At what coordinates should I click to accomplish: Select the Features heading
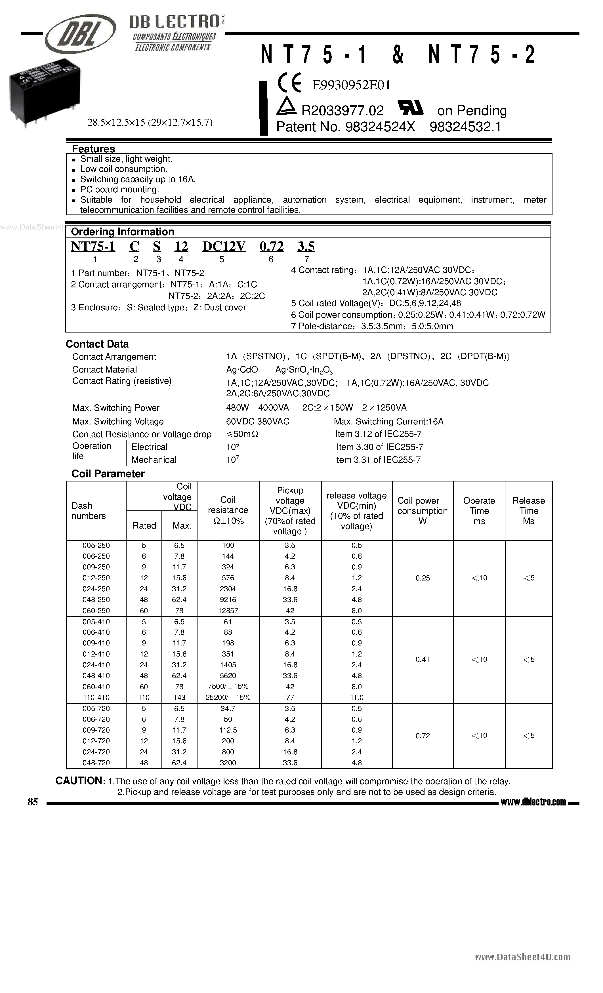pos(93,149)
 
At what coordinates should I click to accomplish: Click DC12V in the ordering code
pos(224,246)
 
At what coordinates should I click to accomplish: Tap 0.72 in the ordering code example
pos(271,246)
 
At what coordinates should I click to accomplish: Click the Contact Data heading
pos(97,344)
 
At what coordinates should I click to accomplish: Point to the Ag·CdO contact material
pos(242,370)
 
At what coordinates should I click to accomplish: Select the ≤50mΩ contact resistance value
pos(242,434)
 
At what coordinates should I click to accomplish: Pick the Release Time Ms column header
pos(528,511)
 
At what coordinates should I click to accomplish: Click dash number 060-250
pos(96,611)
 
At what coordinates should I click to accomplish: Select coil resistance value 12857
pos(228,611)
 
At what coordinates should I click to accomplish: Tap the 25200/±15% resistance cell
pos(228,698)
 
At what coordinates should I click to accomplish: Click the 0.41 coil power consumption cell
pos(423,660)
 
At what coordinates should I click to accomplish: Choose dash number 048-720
pos(96,763)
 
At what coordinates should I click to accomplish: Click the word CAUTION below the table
pos(80,781)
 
